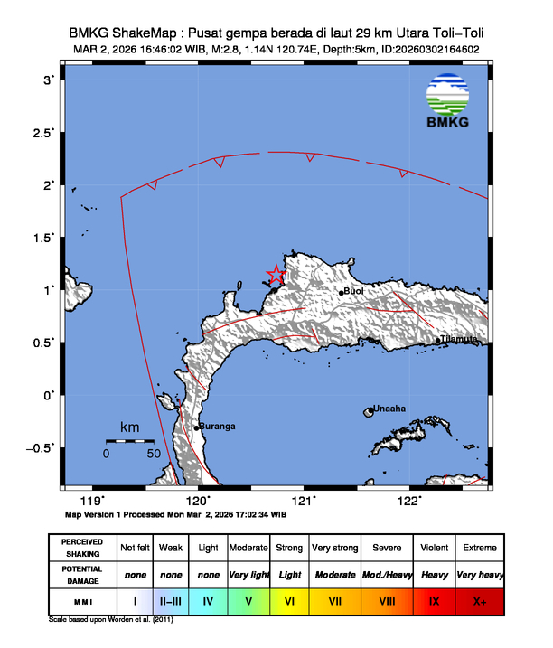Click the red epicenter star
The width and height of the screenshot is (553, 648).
(276, 273)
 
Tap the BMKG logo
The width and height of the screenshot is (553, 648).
(449, 101)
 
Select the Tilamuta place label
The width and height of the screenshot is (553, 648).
(460, 340)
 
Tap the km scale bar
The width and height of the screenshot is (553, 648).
(129, 441)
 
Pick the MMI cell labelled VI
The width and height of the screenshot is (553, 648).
(288, 599)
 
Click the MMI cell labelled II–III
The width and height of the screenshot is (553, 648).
(171, 599)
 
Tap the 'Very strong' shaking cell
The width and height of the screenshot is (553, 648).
(334, 548)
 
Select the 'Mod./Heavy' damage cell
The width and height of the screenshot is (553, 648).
(384, 574)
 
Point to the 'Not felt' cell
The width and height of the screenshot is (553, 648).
(136, 548)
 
